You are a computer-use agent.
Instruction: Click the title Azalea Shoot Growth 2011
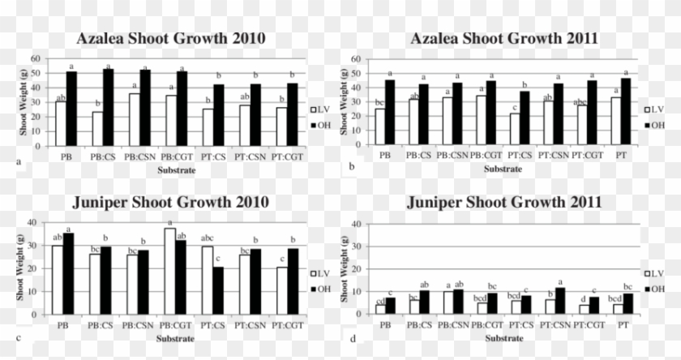504,39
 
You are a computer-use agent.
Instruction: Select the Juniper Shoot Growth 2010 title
170,202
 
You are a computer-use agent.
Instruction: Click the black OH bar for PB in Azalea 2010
71,109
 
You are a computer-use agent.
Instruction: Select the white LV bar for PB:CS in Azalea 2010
97,128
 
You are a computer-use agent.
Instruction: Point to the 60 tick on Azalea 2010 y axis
36,58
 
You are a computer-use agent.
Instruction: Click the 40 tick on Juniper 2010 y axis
32,222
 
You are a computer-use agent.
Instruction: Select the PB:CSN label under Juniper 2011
456,324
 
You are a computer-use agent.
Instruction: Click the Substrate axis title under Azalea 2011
503,169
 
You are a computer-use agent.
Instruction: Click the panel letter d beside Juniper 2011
352,337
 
